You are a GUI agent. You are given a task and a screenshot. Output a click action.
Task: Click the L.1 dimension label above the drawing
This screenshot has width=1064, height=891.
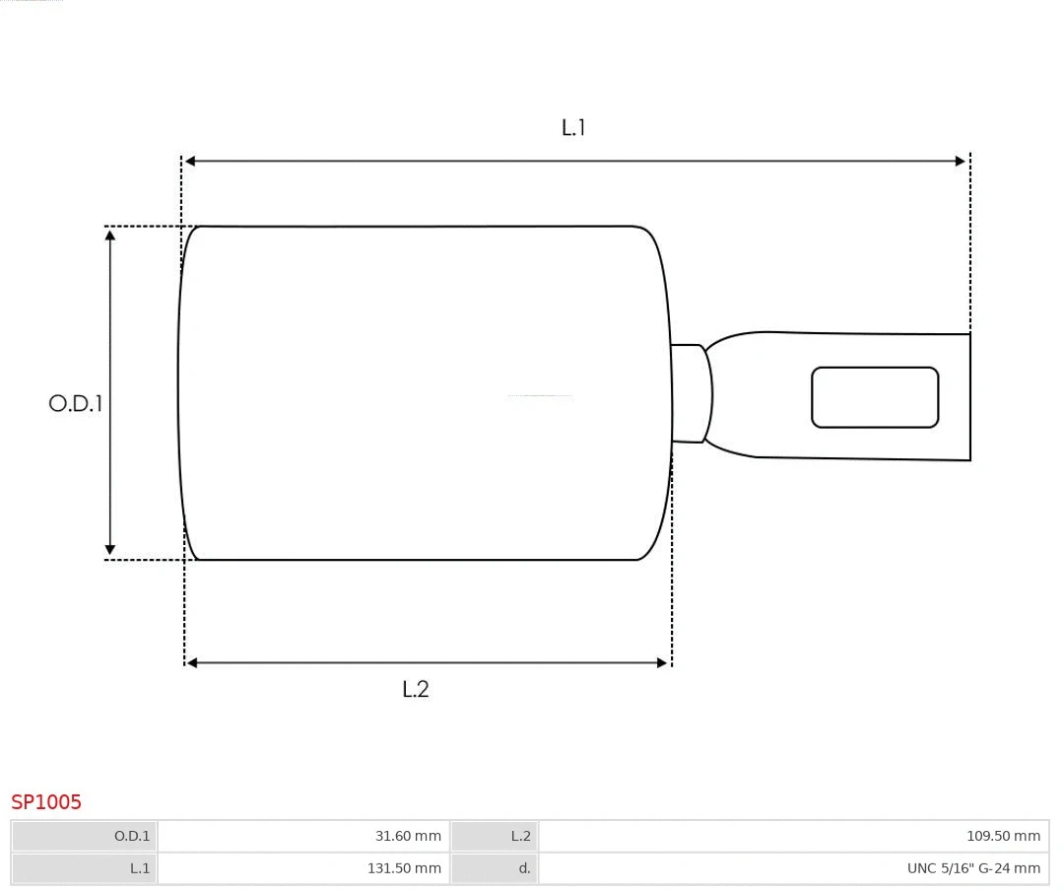pos(573,127)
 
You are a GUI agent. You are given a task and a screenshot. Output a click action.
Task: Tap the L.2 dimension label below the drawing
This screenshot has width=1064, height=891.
pos(416,689)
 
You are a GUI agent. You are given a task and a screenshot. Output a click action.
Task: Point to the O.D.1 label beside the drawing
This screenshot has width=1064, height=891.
pos(76,403)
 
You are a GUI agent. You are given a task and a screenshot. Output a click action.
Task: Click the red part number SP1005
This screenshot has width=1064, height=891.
pos(46,802)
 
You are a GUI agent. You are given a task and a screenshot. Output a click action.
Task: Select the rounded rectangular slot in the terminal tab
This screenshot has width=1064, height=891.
pos(875,397)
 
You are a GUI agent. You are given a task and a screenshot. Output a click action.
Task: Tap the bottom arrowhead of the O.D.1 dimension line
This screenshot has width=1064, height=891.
pos(110,550)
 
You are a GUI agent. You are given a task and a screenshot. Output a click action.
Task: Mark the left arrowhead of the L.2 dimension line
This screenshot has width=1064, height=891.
pos(192,663)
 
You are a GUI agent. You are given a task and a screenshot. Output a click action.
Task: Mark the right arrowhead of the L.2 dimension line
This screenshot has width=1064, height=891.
pos(662,663)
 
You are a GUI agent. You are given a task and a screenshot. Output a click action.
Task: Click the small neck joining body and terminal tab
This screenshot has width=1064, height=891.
pos(689,393)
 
